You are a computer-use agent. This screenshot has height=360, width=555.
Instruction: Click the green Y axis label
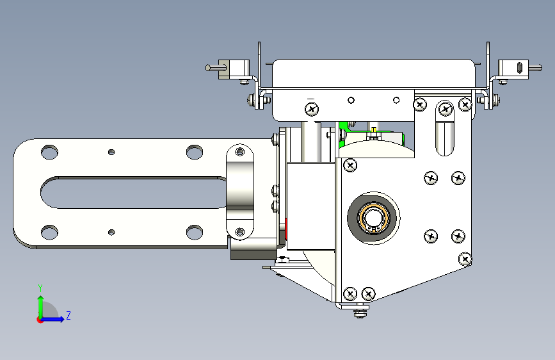tap(40, 288)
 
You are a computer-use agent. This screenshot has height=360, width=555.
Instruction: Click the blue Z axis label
tap(68, 315)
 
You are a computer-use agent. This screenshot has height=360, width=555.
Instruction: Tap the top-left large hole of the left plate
tap(49, 152)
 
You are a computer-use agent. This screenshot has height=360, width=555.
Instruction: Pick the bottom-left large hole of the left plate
tap(49, 232)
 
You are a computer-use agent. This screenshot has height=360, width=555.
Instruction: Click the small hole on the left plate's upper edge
tap(111, 152)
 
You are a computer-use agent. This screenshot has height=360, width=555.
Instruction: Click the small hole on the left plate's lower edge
tap(111, 233)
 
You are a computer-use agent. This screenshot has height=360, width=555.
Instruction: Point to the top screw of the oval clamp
tap(240, 152)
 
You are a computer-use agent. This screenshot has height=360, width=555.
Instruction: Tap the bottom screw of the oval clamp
tap(240, 232)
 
